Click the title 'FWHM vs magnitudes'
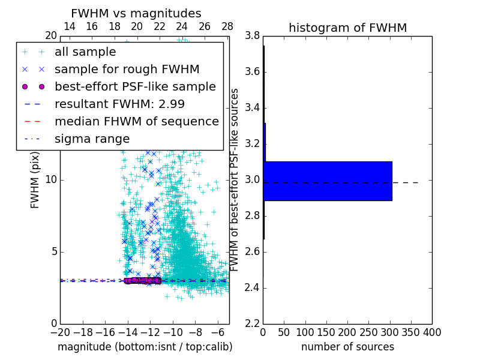point(136,13)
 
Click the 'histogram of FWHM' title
point(347,28)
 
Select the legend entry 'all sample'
point(85,52)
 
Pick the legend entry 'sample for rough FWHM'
point(127,69)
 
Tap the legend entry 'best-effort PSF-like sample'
point(135,86)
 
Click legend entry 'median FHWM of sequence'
point(136,121)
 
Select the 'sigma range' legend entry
point(92,139)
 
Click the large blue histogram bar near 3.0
point(328,181)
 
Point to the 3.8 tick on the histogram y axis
point(252,36)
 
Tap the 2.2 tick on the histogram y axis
point(252,323)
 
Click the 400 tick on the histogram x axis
point(431,332)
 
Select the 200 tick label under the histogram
point(347,332)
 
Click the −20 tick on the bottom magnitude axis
point(60,332)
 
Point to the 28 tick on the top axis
point(227,26)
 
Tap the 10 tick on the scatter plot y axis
point(50,180)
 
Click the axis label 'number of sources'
point(347,347)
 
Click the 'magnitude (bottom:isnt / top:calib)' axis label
point(145,347)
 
